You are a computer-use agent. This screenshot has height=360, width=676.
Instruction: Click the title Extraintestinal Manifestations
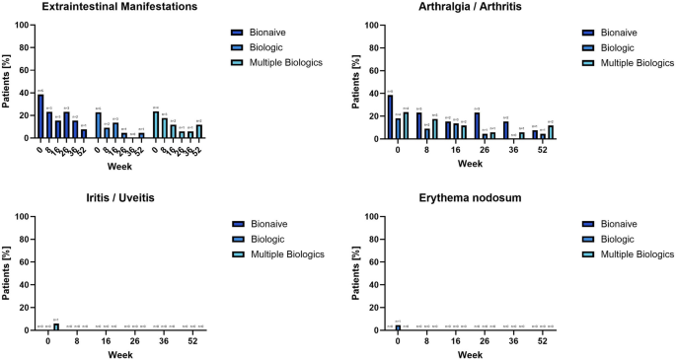pyautogui.click(x=114, y=7)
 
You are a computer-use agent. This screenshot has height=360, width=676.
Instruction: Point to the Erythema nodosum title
pyautogui.click(x=470, y=198)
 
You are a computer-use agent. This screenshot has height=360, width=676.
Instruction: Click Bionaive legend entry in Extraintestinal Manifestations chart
pyautogui.click(x=262, y=32)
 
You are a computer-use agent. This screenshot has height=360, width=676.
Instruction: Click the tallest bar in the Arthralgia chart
pyautogui.click(x=390, y=116)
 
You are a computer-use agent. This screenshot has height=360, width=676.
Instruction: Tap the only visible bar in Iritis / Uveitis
pyautogui.click(x=56, y=325)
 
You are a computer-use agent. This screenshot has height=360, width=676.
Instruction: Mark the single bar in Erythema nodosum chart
pyautogui.click(x=398, y=326)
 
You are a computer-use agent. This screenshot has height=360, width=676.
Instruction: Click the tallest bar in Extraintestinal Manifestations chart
pyautogui.click(x=40, y=116)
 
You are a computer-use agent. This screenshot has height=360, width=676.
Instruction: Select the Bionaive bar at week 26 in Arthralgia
pyautogui.click(x=477, y=125)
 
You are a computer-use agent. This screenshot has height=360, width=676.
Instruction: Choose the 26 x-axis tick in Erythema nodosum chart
pyautogui.click(x=485, y=340)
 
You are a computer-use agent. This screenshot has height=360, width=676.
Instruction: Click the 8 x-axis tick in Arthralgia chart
pyautogui.click(x=426, y=149)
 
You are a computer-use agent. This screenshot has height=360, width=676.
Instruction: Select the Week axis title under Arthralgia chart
pyautogui.click(x=470, y=162)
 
